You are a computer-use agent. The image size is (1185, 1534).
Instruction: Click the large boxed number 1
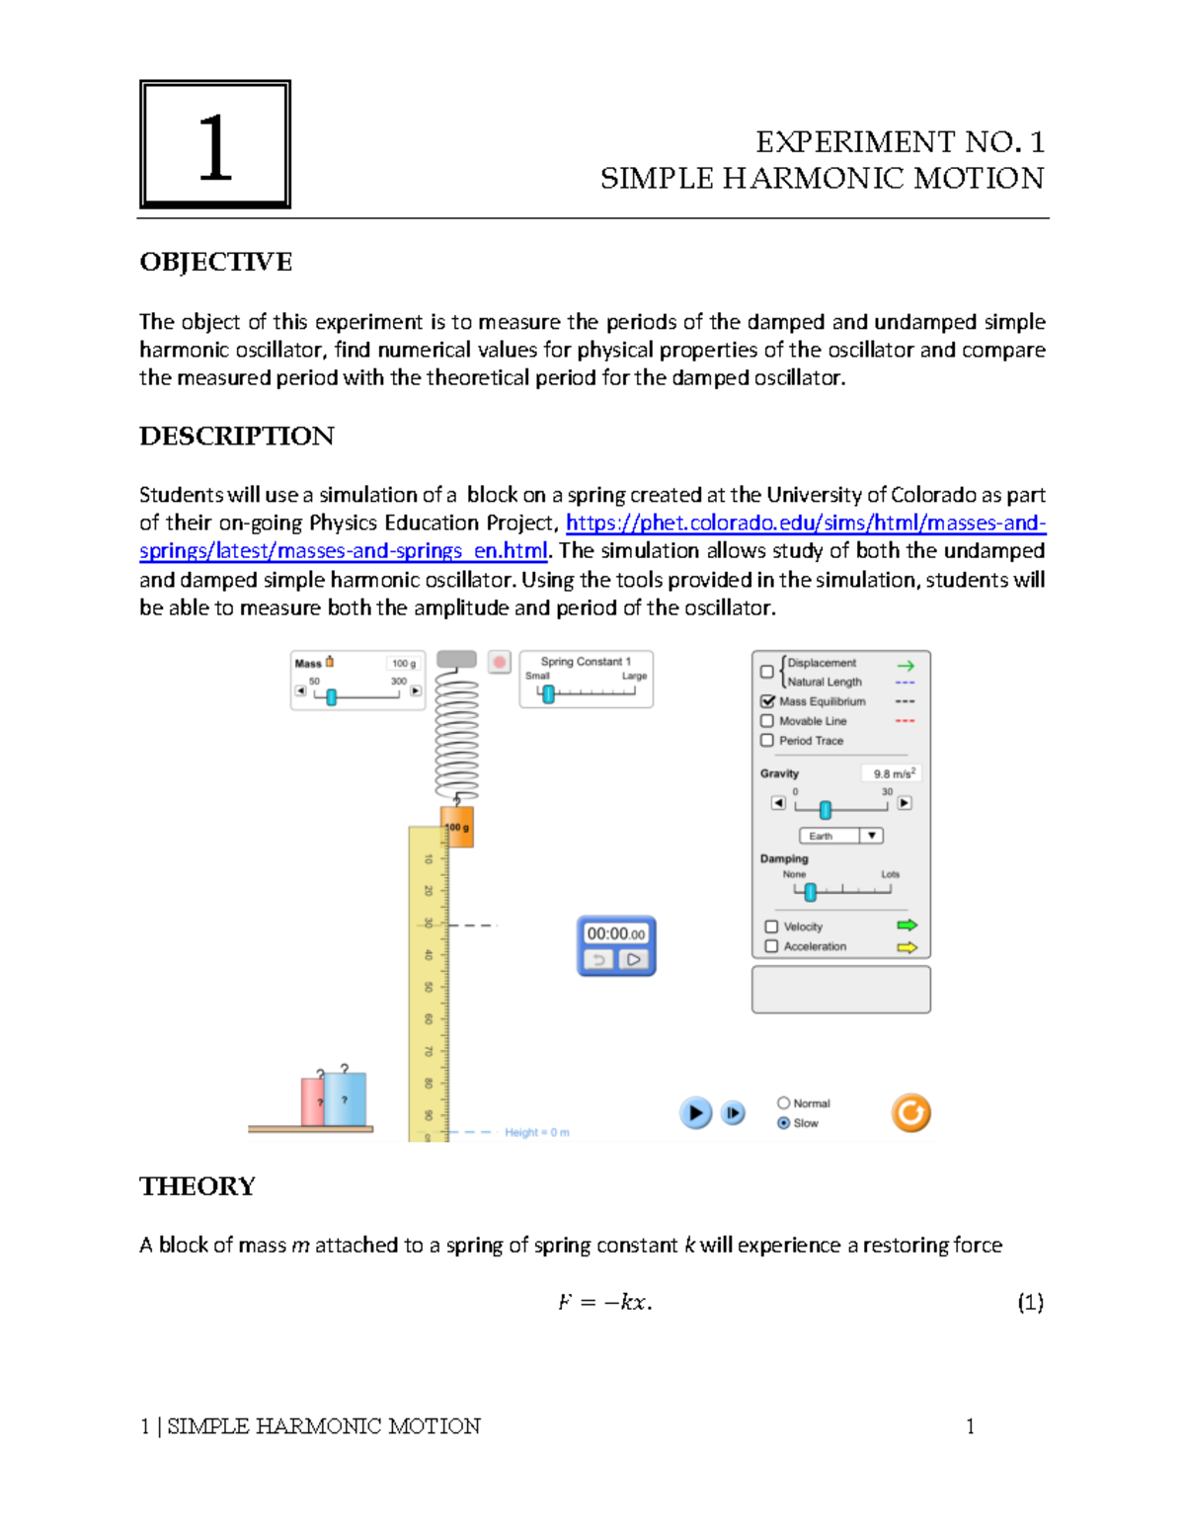tap(215, 145)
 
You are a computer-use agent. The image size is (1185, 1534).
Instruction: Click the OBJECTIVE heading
tap(215, 262)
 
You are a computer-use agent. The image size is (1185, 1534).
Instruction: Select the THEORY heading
tap(197, 1185)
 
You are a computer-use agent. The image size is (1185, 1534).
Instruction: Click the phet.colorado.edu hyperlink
tap(805, 523)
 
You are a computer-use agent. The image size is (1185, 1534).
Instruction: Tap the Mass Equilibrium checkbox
tap(767, 701)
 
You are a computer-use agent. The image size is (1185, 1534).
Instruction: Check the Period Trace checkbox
tap(767, 740)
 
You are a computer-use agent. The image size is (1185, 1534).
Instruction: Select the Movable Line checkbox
tap(767, 721)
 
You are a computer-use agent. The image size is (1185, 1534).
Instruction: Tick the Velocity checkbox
tap(771, 927)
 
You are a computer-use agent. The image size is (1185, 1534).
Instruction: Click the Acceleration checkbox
tap(771, 946)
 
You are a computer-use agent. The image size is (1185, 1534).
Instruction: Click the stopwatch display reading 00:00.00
tap(615, 933)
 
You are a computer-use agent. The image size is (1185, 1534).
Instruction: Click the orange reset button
tap(910, 1113)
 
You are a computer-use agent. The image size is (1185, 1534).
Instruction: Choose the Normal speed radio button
tap(784, 1102)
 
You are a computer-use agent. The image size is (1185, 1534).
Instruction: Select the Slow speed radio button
tap(784, 1123)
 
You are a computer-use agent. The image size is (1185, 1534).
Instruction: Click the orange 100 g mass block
tap(457, 828)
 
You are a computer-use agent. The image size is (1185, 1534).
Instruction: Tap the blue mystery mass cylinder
tap(345, 1099)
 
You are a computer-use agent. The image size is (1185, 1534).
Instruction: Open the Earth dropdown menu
tap(840, 836)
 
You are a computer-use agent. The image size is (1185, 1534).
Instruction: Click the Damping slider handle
tap(810, 892)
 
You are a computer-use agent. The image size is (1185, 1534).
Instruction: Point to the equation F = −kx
tap(604, 1302)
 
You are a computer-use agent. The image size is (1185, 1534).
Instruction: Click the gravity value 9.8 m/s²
tap(893, 773)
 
